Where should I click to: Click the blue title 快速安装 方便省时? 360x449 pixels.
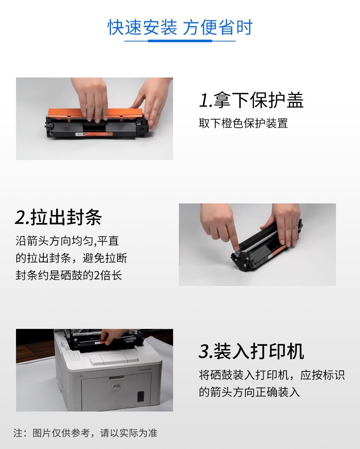coord(180,27)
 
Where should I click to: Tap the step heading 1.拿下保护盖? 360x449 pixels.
coord(251,100)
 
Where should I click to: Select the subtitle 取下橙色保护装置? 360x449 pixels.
coord(243,123)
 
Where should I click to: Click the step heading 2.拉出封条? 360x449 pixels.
coord(58,217)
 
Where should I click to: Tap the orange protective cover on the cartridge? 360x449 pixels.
coord(95,114)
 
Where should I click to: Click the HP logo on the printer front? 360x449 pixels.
coord(116,386)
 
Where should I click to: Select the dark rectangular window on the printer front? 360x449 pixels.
coord(141,396)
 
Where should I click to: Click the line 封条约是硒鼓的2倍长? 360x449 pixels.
coord(69,275)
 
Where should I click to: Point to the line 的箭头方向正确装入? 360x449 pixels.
coord(249,392)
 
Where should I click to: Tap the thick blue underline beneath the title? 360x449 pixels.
coord(180,41)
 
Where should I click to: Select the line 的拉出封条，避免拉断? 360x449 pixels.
coord(71,258)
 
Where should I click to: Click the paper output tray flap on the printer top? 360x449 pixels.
coord(114,358)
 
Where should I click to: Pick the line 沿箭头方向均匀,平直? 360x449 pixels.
coord(67,241)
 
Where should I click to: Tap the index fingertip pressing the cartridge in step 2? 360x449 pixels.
coord(237,247)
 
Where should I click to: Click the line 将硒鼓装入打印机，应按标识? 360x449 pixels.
coord(272,375)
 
